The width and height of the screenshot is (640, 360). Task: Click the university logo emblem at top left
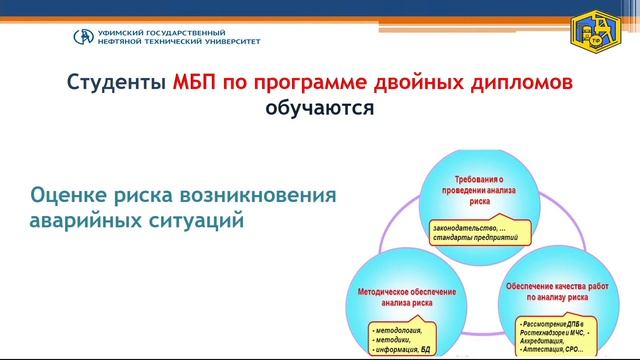(x=85, y=37)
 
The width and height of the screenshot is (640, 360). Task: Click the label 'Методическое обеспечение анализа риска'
(x=406, y=297)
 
